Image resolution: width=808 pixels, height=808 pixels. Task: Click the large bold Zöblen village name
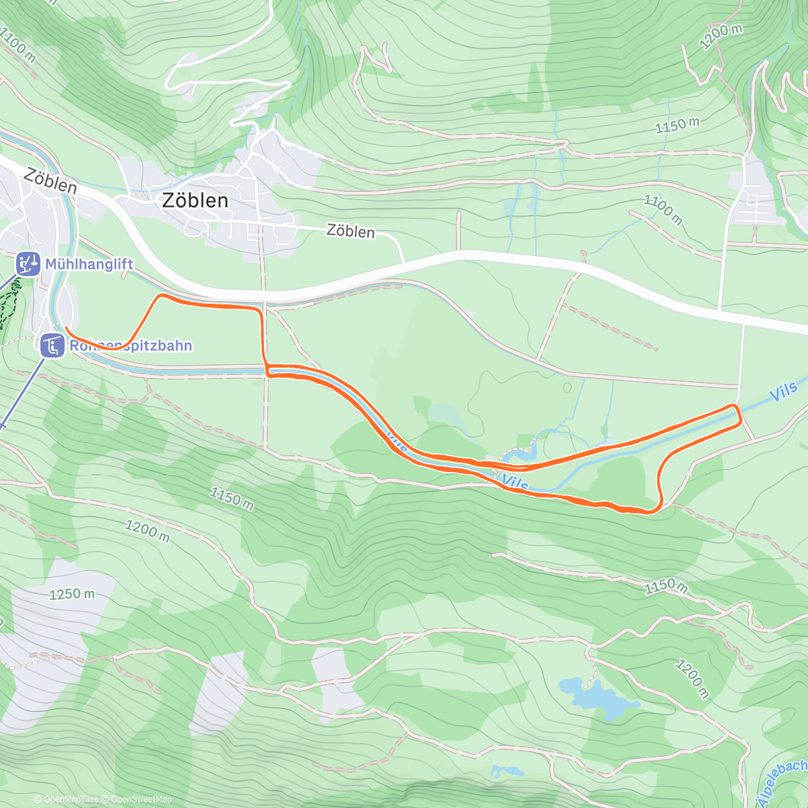[195, 201]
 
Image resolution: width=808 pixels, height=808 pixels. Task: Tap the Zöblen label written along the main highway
[50, 180]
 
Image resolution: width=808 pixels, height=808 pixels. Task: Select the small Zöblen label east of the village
[350, 231]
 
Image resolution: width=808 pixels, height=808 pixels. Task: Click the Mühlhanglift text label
[89, 264]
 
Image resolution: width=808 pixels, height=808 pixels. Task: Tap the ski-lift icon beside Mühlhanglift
[28, 264]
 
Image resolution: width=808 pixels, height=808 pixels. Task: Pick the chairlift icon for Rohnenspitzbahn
[52, 346]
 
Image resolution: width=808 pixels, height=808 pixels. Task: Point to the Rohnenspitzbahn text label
[131, 346]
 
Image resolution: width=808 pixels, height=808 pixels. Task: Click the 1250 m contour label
[72, 594]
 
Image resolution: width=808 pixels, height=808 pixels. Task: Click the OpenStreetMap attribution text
[140, 799]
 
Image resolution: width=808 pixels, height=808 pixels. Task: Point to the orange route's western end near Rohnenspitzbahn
[66, 328]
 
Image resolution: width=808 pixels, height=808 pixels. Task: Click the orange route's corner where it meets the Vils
[267, 370]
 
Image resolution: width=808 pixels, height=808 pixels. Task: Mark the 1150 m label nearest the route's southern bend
[666, 586]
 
